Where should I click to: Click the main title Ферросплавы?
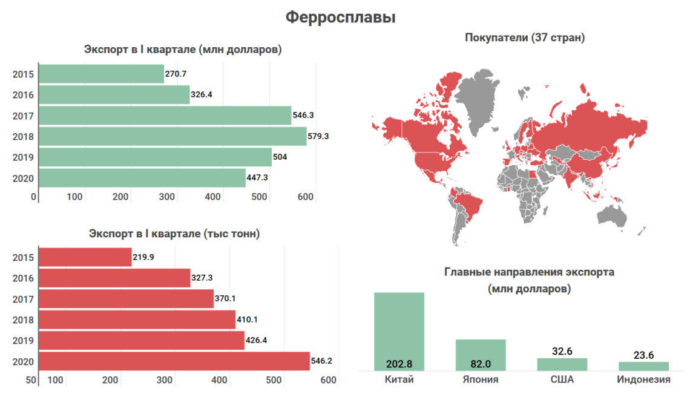point(340,18)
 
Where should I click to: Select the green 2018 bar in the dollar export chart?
point(172,136)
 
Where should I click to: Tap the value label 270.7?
point(177,74)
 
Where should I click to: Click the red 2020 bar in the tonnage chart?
point(174,361)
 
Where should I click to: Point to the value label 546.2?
point(321,361)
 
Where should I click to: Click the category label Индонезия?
point(643,380)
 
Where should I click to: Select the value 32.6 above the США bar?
point(562,351)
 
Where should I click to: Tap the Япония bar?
point(481,355)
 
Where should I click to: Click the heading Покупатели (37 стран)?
point(525,38)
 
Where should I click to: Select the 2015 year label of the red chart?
point(22,257)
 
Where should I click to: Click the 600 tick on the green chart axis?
point(306,197)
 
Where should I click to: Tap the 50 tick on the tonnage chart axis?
point(30,380)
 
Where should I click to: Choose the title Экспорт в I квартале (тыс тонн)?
point(174,234)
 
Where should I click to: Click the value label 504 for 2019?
point(280,157)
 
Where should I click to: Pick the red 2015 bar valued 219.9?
point(85,257)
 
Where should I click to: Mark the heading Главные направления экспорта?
point(529,272)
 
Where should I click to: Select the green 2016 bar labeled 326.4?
point(114,95)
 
